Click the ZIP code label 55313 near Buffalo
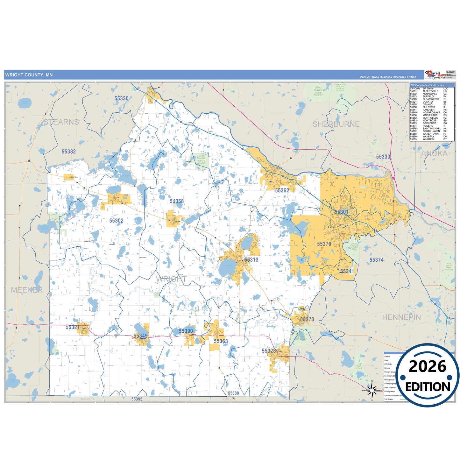point(251,260)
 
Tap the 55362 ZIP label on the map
point(282,190)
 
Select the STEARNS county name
point(61,122)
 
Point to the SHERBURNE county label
point(336,124)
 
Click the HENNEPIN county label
point(401,317)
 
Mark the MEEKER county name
point(27,290)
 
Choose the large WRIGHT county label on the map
point(171,279)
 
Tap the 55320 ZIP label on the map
point(121,98)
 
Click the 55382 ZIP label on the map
point(69,152)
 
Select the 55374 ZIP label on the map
point(376,260)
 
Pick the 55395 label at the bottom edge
point(137,399)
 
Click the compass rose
point(372,390)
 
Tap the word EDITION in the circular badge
point(427,387)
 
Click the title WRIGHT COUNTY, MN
point(29,75)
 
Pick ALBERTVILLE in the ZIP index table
point(430,91)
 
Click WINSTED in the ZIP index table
point(428,139)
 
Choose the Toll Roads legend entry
point(388,399)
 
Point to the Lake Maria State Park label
point(202,159)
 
